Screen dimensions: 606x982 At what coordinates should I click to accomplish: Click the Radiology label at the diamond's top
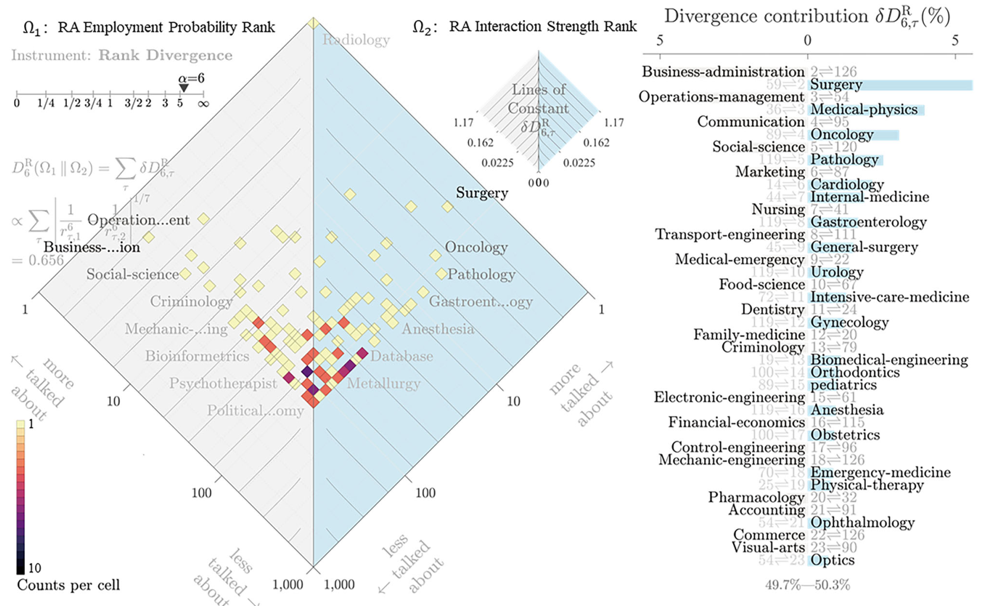[x=356, y=40]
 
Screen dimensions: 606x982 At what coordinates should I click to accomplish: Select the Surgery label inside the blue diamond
[x=482, y=193]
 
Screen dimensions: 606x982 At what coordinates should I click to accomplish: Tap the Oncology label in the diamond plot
[x=476, y=247]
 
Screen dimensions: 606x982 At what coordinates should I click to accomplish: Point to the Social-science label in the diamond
[x=132, y=274]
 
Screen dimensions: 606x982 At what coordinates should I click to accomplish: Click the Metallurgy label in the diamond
[x=383, y=383]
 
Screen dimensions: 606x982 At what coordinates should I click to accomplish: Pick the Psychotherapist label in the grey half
[x=223, y=383]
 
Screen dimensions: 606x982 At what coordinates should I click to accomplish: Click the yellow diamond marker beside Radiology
[x=314, y=24]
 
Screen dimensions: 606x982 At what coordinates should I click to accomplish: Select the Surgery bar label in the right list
[x=836, y=85]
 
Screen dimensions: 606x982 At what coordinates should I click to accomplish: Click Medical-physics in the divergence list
[x=863, y=110]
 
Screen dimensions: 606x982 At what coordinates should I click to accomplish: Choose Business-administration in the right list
[x=723, y=72]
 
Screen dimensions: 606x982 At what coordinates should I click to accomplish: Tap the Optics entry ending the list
[x=832, y=560]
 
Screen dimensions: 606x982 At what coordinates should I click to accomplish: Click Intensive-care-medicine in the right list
[x=889, y=297]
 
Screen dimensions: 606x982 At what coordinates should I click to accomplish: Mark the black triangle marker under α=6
[x=184, y=88]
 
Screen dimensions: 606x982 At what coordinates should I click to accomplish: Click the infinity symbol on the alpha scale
[x=203, y=104]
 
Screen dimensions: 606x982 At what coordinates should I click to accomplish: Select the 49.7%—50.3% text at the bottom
[x=807, y=585]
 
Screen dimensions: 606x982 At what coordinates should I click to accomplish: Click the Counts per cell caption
[x=68, y=585]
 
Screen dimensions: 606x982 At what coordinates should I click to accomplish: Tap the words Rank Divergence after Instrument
[x=165, y=55]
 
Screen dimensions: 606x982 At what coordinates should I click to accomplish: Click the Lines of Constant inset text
[x=538, y=99]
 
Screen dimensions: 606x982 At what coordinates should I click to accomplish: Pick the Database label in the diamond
[x=401, y=356]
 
